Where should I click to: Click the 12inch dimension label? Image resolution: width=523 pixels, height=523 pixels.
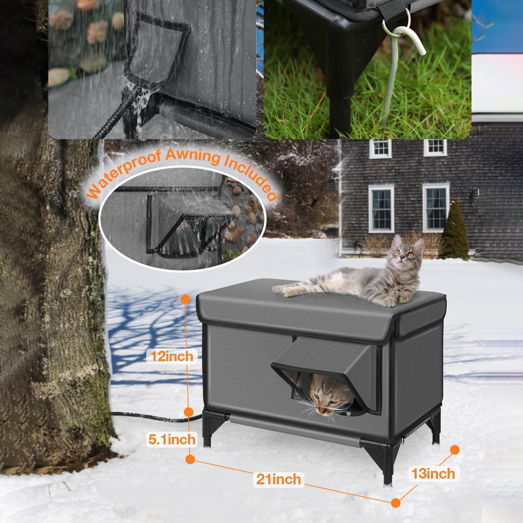[172, 357]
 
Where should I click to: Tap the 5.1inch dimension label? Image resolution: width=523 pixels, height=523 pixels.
[172, 439]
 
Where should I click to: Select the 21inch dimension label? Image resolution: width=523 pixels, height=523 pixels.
[279, 479]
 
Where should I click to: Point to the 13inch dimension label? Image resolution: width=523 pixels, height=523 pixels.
[433, 474]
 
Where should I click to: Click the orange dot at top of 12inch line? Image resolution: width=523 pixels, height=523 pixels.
[185, 299]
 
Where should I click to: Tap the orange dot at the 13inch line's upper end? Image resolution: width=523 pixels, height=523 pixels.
[455, 450]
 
